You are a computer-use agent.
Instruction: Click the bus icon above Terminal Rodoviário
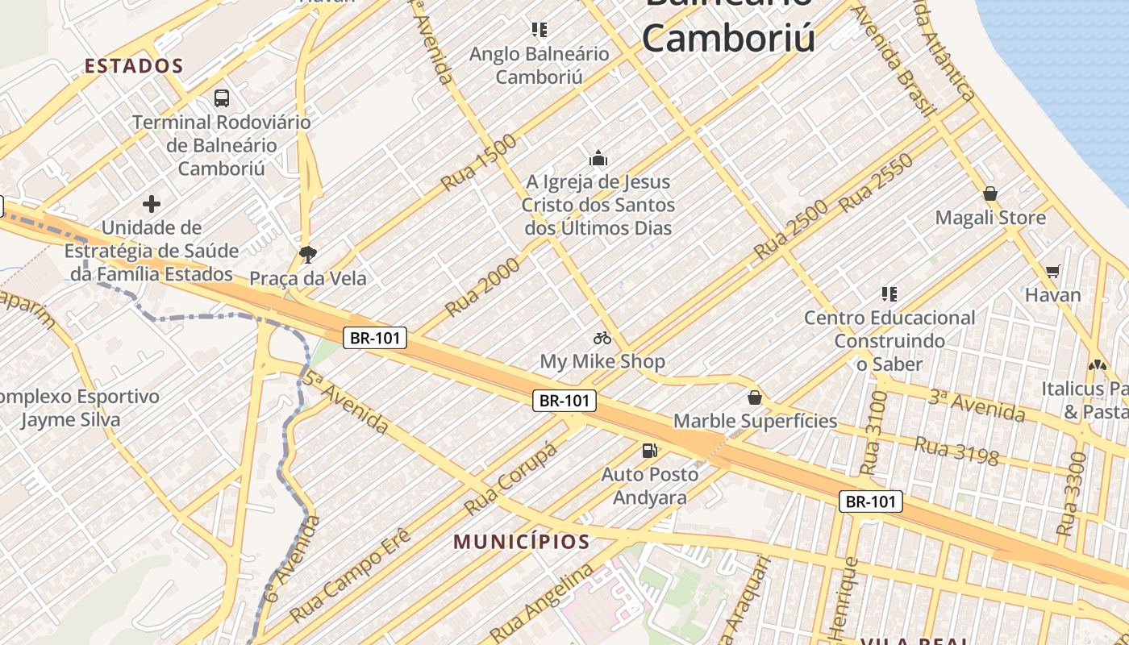(x=222, y=98)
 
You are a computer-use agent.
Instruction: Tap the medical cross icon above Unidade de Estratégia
(x=151, y=204)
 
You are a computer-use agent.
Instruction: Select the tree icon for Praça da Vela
(x=307, y=256)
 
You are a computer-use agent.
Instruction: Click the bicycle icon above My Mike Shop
(x=602, y=338)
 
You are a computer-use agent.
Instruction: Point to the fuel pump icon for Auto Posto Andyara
(x=649, y=451)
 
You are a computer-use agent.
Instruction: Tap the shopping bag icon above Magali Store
(x=990, y=194)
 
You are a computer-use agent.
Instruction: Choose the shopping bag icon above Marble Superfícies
(x=755, y=397)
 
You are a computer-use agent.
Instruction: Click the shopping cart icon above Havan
(x=1052, y=272)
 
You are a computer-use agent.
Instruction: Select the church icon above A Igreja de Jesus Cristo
(x=598, y=158)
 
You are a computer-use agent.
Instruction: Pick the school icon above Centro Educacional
(x=889, y=294)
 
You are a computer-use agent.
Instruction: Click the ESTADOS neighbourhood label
(x=134, y=66)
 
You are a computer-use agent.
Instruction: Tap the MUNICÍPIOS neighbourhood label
(x=522, y=541)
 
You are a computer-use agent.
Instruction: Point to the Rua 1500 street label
(x=479, y=163)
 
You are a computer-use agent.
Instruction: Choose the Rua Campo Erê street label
(x=350, y=575)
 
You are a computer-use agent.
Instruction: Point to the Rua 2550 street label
(x=876, y=183)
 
